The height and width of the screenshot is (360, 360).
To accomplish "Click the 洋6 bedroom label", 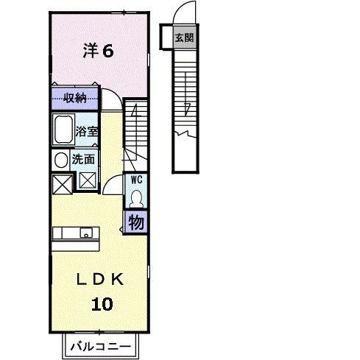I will [97, 51].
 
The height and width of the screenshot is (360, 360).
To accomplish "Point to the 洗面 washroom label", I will [82, 158].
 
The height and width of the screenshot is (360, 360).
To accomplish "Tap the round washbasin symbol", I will [59, 159].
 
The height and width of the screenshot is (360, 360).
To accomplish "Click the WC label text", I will [136, 179].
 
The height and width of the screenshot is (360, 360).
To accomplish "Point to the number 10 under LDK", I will [103, 303].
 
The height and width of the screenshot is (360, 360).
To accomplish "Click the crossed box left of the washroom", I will [61, 181].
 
